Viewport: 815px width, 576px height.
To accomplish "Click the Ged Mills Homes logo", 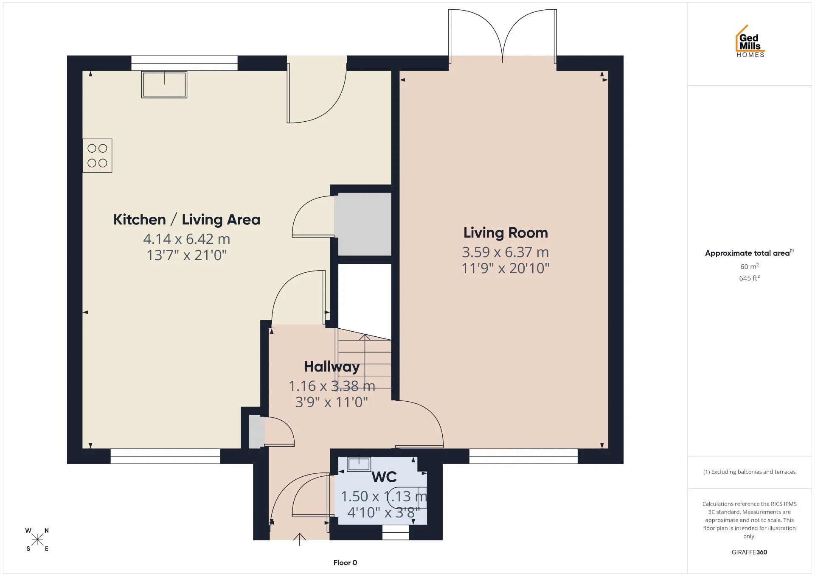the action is [750, 41].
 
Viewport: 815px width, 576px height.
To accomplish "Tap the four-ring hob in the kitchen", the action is [97, 156].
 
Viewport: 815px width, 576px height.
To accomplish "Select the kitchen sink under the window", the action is [164, 84].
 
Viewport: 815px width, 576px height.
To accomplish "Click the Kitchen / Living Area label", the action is [187, 220].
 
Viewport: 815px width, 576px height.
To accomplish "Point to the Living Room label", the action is [506, 233].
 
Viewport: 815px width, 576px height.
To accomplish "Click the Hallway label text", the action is [332, 367].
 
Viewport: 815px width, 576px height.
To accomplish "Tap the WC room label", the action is [384, 477].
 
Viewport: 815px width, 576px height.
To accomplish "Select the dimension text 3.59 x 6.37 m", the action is [506, 252].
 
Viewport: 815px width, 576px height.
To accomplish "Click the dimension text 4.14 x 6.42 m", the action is [187, 239].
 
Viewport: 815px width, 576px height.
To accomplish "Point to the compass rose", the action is [37, 540].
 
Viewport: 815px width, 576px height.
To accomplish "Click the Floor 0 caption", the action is [345, 563].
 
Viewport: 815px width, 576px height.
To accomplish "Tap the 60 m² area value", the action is [749, 266].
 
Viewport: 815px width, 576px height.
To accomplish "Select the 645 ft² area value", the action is [749, 278].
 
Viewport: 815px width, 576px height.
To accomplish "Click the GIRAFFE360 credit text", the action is [749, 552].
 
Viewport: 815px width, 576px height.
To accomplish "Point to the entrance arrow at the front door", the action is [300, 539].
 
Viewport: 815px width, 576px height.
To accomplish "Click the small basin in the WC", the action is [359, 464].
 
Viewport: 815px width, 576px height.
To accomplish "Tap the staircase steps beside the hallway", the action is [364, 364].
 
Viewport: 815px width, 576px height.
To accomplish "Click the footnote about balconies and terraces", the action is [749, 472].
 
